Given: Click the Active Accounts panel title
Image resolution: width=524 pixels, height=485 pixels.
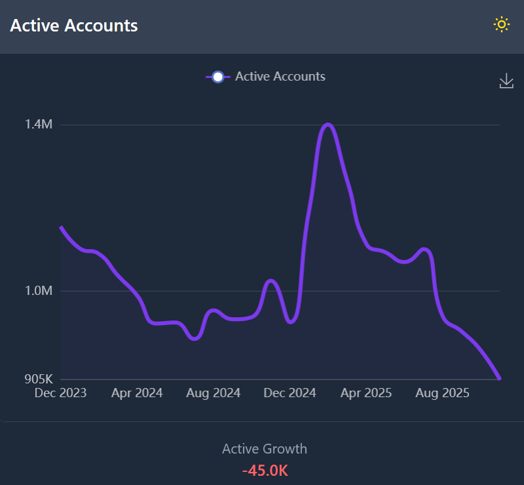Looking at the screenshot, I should (x=74, y=26).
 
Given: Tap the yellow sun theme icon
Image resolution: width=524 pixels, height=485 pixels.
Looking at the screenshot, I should (x=501, y=25).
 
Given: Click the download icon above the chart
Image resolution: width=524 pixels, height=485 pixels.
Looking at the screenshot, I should (x=506, y=81).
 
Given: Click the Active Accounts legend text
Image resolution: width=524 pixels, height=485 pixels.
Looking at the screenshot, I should (x=280, y=77).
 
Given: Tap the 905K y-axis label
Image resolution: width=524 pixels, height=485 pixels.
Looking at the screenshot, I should (x=39, y=379).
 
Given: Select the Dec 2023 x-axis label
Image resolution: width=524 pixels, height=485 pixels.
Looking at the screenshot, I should (x=60, y=393).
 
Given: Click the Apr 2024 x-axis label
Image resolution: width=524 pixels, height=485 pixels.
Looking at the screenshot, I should (x=137, y=393).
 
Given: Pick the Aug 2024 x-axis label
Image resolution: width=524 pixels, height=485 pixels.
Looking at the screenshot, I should (x=214, y=393).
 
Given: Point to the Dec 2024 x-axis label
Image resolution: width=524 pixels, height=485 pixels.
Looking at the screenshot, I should (x=289, y=393).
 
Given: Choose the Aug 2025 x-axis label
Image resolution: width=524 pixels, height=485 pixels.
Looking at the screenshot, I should (x=442, y=393).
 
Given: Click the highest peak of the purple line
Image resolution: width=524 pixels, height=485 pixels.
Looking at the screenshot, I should (x=327, y=125).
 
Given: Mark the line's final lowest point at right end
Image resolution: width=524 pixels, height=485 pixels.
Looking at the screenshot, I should (x=500, y=378).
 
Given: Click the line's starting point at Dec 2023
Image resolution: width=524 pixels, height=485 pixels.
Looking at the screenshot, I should (x=61, y=227).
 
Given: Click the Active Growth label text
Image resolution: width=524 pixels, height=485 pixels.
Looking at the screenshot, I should (x=265, y=449).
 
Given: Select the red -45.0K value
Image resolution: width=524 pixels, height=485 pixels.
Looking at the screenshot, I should (x=265, y=471).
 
